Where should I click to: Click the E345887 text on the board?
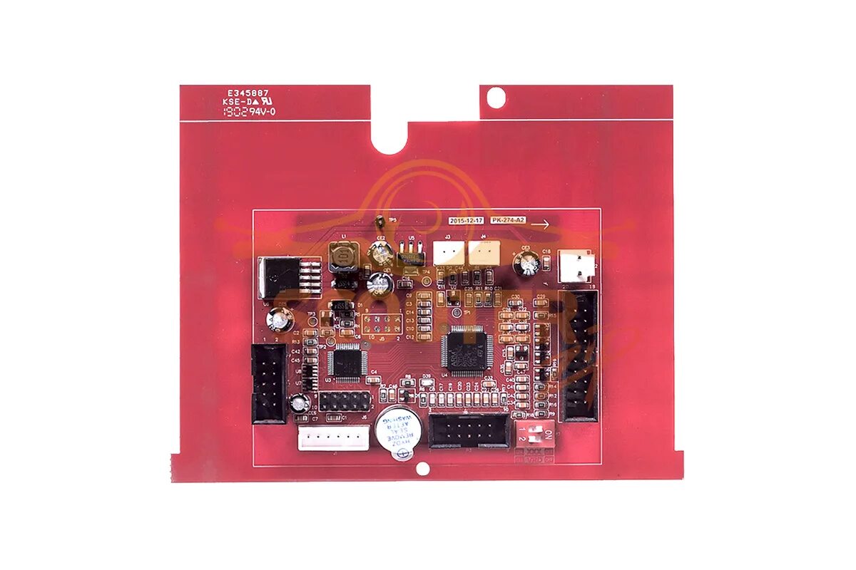(248, 93)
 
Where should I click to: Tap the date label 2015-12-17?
(467, 221)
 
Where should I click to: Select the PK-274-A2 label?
(508, 221)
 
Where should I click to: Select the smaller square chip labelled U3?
(347, 361)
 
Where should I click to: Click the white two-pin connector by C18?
(576, 267)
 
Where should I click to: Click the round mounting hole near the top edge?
(496, 95)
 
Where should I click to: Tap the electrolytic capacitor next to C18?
(529, 264)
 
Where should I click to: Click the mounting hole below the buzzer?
(422, 469)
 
